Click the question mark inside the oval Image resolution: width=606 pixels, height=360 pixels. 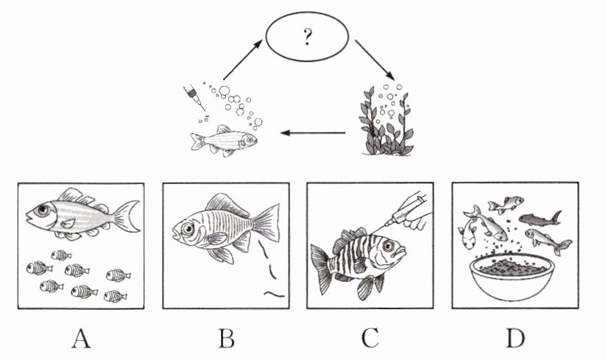point(307,37)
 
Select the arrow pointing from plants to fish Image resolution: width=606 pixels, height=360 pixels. point(313,133)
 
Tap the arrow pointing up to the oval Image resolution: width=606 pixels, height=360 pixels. point(242,60)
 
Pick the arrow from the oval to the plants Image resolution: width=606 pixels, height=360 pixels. point(375,60)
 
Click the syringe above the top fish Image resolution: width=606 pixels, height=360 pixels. point(194,98)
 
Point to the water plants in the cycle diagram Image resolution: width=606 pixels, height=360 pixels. point(386,121)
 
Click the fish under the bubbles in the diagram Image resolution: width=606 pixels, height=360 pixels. point(223,141)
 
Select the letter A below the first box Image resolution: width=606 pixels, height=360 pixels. point(81,339)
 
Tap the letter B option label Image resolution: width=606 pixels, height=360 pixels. point(227,339)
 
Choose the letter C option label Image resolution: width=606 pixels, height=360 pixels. point(370,339)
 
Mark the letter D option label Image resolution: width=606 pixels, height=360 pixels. point(515,339)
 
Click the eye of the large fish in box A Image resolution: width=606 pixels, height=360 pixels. point(43,210)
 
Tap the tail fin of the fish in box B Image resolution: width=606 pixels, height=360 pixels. point(266,223)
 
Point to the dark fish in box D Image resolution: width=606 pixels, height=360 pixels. point(540,219)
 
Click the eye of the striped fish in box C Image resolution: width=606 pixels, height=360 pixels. point(388,245)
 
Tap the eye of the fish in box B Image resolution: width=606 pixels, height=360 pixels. point(188,229)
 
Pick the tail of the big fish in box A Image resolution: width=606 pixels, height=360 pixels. point(126,216)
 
